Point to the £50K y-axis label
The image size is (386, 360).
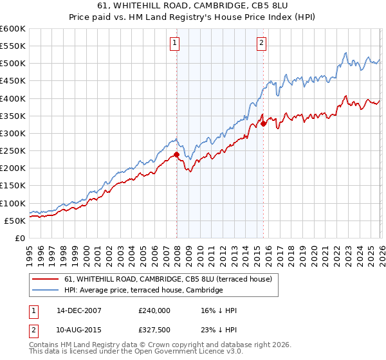(14, 221)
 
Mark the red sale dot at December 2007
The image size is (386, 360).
(176, 154)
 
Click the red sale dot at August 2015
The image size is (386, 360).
(263, 124)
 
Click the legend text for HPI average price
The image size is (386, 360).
(143, 290)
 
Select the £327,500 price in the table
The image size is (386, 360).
(154, 330)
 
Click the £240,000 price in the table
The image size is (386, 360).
(154, 310)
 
